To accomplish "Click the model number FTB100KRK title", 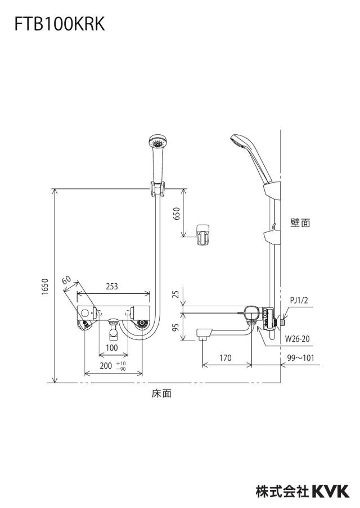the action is (60, 24).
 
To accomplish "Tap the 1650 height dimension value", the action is (45, 287).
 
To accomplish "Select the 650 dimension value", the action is (177, 214).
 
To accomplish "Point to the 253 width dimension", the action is (112, 287).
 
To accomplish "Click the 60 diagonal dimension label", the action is (66, 280).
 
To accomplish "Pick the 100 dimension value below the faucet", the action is (112, 348).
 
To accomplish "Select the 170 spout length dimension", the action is (226, 357).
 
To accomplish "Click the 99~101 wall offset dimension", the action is (300, 357).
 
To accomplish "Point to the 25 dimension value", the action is (175, 294).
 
